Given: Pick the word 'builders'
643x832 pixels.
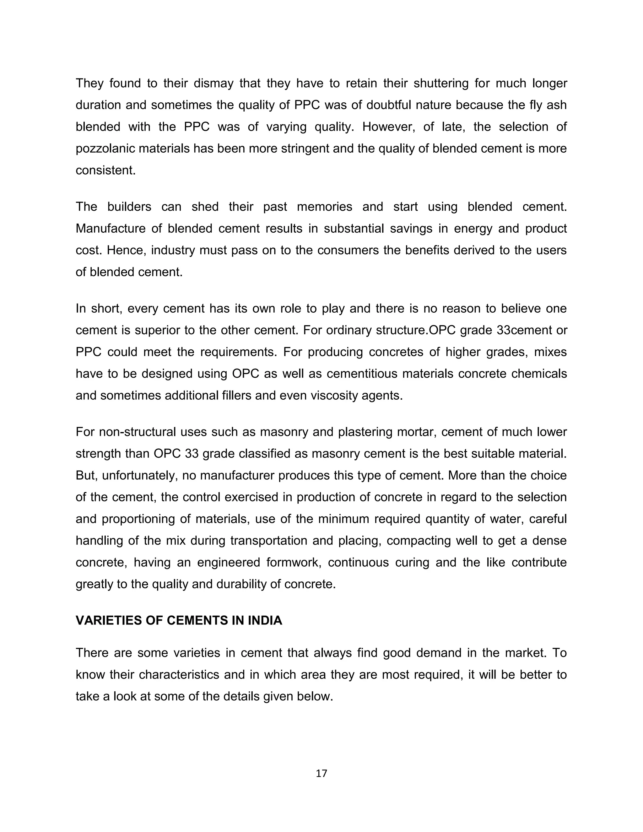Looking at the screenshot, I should [x=129, y=207].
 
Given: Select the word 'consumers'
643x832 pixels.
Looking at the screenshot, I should [x=350, y=250].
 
